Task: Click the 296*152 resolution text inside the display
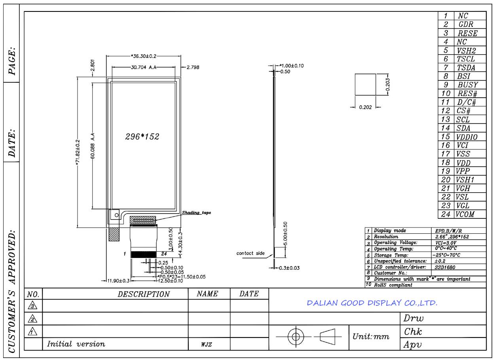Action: pyautogui.click(x=142, y=136)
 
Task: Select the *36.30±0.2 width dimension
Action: pyautogui.click(x=144, y=56)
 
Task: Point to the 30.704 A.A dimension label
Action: pyautogui.click(x=144, y=67)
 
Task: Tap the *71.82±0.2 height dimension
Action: pyautogui.click(x=78, y=152)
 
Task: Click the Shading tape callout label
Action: pyautogui.click(x=196, y=212)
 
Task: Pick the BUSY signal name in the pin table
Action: pyautogui.click(x=468, y=85)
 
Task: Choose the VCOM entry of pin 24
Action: pyautogui.click(x=465, y=214)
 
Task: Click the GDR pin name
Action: pyautogui.click(x=466, y=24)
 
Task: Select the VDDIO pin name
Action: pyautogui.click(x=467, y=137)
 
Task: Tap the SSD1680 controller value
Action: pyautogui.click(x=445, y=267)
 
